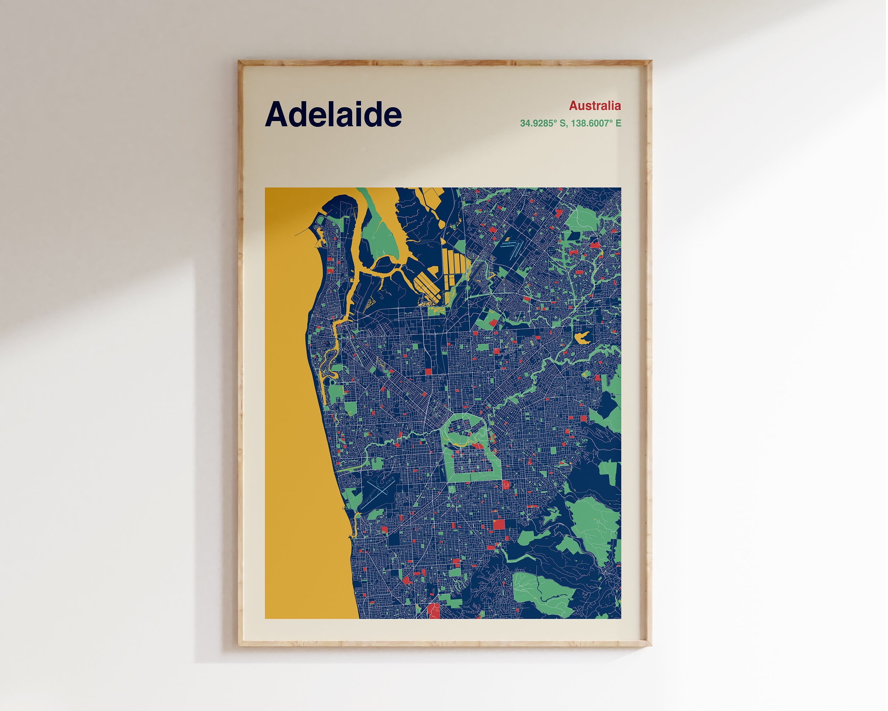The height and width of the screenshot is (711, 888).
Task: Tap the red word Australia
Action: click(x=594, y=106)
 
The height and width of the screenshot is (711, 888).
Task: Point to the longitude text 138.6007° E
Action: click(x=596, y=123)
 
